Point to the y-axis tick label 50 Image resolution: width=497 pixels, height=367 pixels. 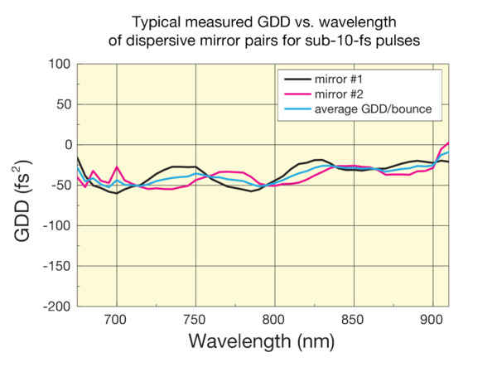(x=60, y=104)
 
